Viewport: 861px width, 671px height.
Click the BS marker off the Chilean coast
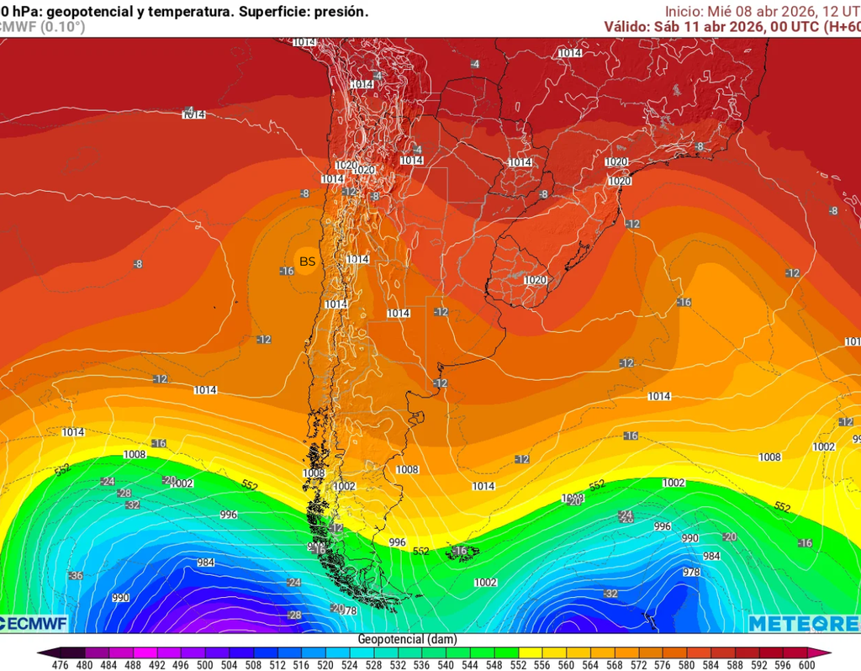[x=308, y=262]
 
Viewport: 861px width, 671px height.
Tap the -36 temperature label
[x=76, y=575]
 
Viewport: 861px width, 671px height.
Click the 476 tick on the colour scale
[x=60, y=665]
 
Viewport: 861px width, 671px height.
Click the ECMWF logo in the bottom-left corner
[x=34, y=623]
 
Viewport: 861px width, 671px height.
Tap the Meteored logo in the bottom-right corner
[x=803, y=623]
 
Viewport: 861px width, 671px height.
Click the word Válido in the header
[x=626, y=26]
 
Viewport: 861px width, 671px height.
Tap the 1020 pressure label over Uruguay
[x=536, y=280]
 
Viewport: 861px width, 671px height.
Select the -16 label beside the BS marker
[x=287, y=271]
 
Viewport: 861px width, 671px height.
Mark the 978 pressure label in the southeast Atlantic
[x=691, y=572]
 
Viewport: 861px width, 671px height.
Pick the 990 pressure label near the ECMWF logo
[x=120, y=598]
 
